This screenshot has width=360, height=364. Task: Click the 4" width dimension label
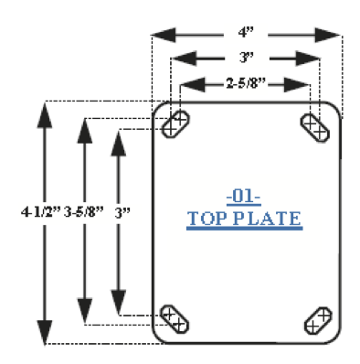pyautogui.click(x=246, y=32)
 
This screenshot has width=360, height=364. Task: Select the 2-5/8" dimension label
pyautogui.click(x=246, y=83)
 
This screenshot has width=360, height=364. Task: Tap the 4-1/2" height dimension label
pyautogui.click(x=41, y=211)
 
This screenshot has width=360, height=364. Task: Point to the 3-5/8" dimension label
pyautogui.click(x=84, y=211)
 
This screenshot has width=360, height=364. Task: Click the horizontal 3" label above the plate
pyautogui.click(x=247, y=58)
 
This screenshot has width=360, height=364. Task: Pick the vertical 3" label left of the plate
pyautogui.click(x=122, y=212)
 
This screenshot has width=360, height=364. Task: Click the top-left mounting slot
pyautogui.click(x=175, y=124)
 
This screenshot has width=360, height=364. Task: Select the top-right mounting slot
pyautogui.click(x=315, y=127)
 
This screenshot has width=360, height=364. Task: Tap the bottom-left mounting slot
pyautogui.click(x=175, y=319)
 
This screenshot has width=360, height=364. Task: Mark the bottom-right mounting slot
pyautogui.click(x=318, y=321)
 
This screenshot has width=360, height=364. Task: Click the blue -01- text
pyautogui.click(x=244, y=197)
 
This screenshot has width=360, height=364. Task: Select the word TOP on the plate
pyautogui.click(x=207, y=219)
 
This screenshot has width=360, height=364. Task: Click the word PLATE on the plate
pyautogui.click(x=269, y=219)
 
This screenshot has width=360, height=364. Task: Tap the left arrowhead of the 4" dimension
pyautogui.click(x=164, y=35)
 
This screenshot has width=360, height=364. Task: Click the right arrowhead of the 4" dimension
pyautogui.click(x=327, y=35)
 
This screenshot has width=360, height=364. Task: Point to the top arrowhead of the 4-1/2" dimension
pyautogui.click(x=45, y=115)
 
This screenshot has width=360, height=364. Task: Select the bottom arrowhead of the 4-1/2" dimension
pyautogui.click(x=45, y=333)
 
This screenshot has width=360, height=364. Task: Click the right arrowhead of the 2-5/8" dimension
pyautogui.click(x=297, y=85)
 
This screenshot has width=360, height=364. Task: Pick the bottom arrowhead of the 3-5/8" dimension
pyautogui.click(x=85, y=310)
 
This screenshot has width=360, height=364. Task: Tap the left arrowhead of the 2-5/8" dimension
pyautogui.click(x=193, y=85)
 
